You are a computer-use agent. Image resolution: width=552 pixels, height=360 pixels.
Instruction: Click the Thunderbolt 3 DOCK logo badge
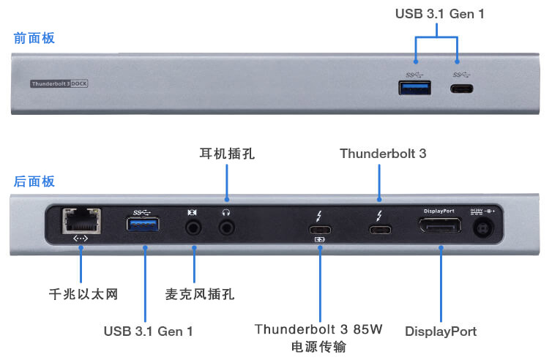coord(59,83)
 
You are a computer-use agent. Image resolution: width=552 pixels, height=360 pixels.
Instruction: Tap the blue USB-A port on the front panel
coord(414,88)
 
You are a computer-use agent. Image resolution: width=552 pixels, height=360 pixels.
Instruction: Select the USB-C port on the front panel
coord(461,89)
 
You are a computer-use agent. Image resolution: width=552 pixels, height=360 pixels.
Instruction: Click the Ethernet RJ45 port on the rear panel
coord(81,221)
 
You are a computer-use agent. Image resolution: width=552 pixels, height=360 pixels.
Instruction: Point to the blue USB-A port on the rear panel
coord(143,224)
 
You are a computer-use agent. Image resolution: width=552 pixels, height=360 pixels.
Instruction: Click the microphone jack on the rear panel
coord(193,228)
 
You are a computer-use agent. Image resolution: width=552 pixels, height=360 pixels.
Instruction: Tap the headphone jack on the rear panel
coord(227,228)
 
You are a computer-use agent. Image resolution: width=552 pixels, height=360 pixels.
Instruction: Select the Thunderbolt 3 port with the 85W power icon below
coord(320,230)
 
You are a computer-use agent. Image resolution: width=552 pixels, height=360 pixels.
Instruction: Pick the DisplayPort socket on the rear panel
coord(440,225)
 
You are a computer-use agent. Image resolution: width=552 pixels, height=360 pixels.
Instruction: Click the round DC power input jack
coord(483,228)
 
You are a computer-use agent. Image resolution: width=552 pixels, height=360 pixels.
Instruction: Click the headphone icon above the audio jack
coord(226,212)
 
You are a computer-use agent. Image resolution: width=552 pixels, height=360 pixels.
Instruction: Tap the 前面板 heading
coord(34,38)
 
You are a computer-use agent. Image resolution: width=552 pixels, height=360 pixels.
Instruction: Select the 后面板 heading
coord(34,181)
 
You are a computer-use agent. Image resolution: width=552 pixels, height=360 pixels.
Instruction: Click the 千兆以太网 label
coord(83,294)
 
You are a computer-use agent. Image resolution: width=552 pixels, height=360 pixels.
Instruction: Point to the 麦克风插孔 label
coord(200,294)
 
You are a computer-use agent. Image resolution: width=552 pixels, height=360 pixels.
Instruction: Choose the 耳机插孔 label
coord(227,154)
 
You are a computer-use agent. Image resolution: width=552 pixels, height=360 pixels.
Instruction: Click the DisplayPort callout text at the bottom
coord(441,331)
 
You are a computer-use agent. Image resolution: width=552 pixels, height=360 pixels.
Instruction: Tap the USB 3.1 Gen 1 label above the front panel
coord(440,14)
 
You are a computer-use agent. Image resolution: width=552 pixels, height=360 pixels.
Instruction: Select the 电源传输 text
coord(318,347)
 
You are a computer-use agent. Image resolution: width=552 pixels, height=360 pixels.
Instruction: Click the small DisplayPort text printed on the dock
coord(439,211)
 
